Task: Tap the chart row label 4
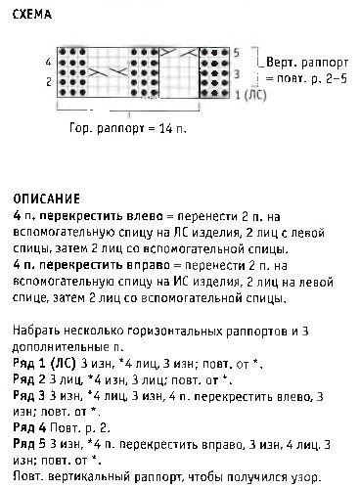[49, 62]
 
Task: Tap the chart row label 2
[49, 82]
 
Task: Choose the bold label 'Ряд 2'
[30, 377]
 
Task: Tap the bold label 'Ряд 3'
[30, 394]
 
